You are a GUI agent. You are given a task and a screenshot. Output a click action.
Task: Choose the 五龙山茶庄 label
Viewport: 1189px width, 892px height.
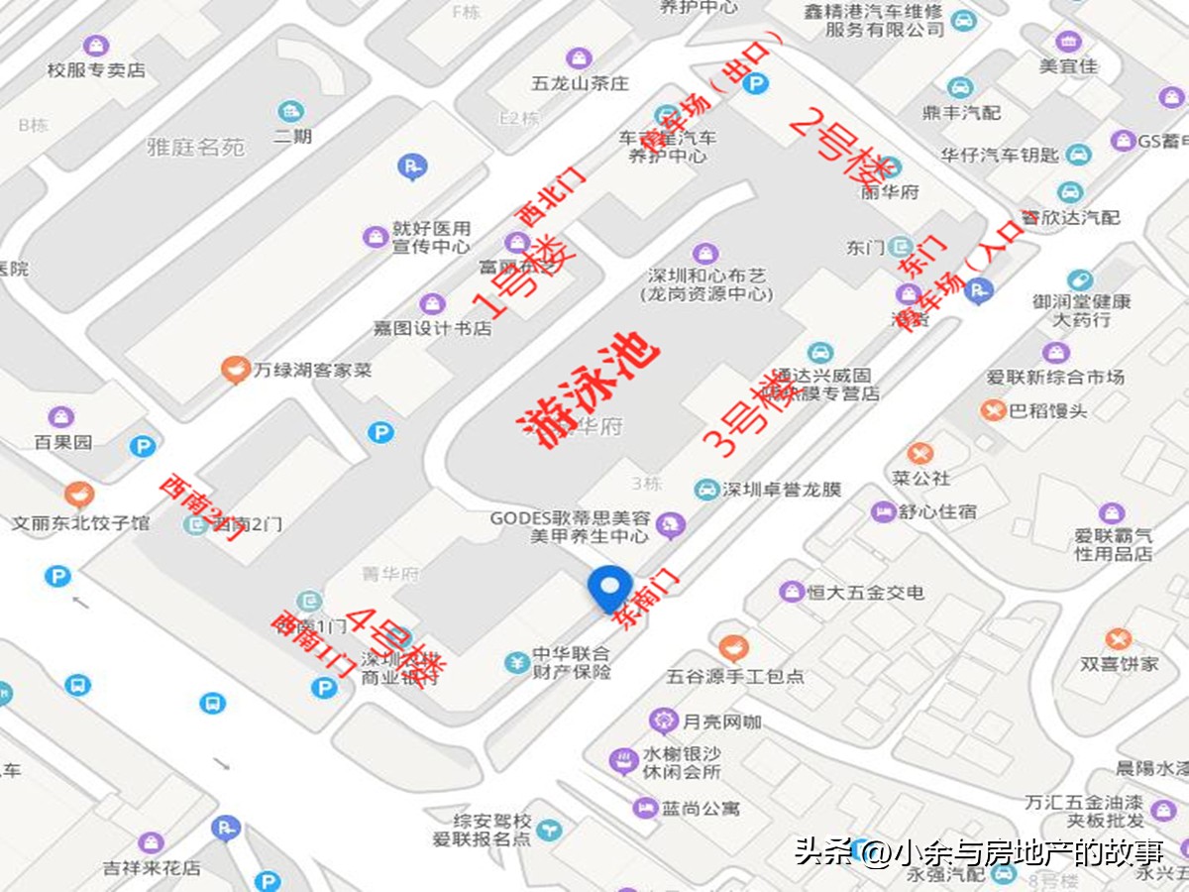click(580, 83)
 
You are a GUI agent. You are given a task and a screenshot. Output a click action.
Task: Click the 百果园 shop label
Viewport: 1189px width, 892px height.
click(63, 442)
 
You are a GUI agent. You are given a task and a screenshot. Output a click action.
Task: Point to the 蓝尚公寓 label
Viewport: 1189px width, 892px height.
click(702, 808)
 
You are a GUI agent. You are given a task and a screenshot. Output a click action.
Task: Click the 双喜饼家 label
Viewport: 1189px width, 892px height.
click(1119, 663)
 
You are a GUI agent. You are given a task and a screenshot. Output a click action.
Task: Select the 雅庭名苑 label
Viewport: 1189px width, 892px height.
click(195, 148)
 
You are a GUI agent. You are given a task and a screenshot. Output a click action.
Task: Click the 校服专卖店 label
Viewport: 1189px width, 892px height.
click(96, 70)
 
